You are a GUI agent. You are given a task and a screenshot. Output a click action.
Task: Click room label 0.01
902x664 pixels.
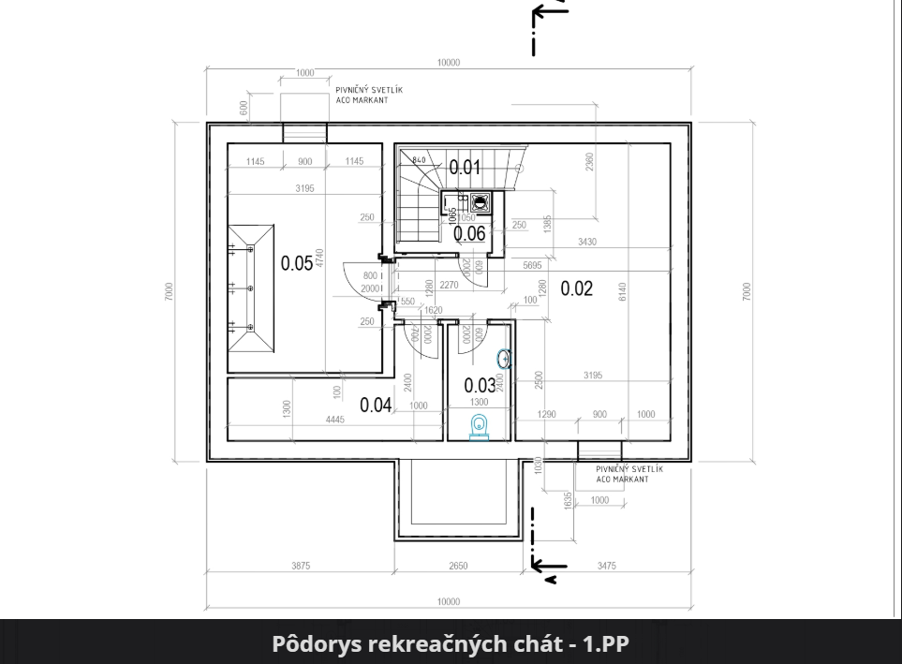[465, 168]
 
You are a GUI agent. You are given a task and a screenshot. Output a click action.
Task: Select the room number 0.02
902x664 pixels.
[577, 288]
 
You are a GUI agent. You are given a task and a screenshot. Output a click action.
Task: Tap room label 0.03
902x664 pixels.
[480, 384]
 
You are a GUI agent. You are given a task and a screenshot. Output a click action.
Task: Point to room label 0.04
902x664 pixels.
[376, 405]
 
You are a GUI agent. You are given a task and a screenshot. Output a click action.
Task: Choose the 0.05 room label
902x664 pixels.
[297, 263]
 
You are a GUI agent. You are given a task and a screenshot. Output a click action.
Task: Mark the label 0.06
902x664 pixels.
[469, 234]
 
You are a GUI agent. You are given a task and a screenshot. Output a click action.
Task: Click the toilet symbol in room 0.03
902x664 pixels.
[480, 425]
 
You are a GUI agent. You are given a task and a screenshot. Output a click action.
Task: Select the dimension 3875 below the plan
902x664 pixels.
[300, 567]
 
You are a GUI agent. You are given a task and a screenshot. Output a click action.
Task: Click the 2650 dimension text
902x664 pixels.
[457, 567]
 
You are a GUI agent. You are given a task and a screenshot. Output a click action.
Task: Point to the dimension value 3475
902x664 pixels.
[607, 567]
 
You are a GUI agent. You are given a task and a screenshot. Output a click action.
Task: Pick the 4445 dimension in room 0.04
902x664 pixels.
[334, 420]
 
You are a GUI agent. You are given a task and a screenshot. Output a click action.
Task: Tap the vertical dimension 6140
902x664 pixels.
[621, 291]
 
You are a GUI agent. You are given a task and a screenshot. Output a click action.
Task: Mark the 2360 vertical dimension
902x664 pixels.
[589, 162]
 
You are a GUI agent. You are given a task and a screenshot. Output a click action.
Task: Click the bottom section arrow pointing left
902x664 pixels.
[549, 565]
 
